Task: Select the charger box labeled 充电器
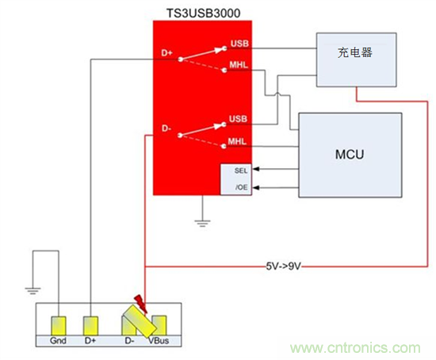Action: (356, 55)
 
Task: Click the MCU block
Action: (350, 154)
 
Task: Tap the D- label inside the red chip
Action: (166, 127)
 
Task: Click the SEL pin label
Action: (241, 170)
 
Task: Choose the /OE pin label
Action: (241, 188)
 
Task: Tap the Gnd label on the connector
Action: (58, 340)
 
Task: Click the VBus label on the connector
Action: (159, 340)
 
